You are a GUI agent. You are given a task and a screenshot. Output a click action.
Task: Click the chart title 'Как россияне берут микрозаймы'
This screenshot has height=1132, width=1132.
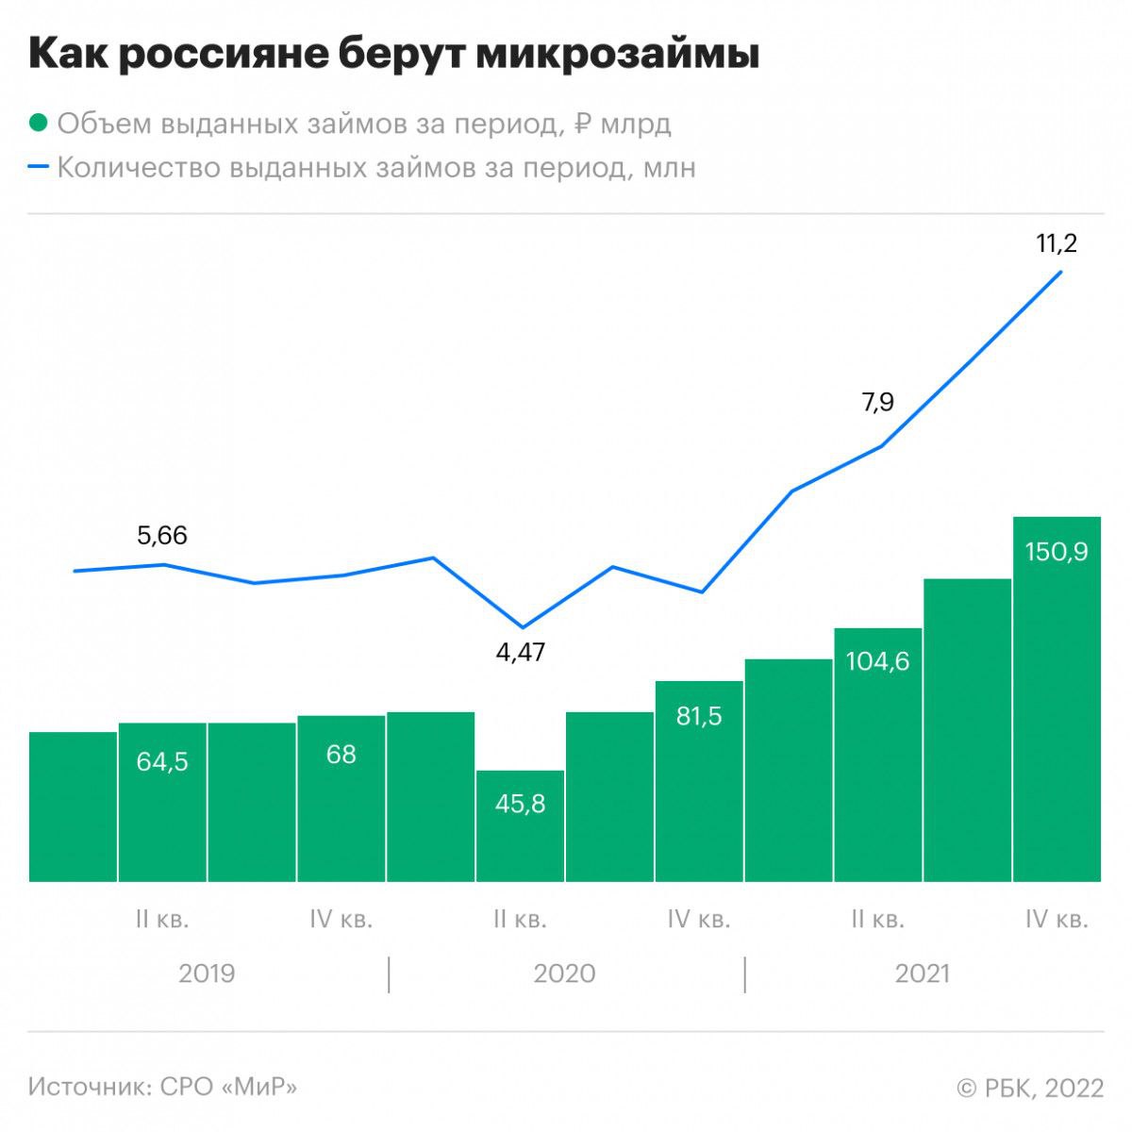click(x=393, y=55)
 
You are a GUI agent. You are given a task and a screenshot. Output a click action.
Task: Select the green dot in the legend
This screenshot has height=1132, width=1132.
click(x=39, y=124)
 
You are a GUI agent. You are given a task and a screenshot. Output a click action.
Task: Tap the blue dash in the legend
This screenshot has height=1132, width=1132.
click(x=39, y=167)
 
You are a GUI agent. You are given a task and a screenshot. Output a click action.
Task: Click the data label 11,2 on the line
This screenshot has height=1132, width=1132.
click(x=1056, y=243)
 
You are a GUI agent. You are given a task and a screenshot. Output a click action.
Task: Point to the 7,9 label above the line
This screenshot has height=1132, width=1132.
click(x=877, y=403)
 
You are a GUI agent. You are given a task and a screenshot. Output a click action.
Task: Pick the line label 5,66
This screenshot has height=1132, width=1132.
click(x=162, y=536)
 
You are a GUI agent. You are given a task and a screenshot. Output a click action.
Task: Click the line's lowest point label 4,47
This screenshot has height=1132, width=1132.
click(x=521, y=652)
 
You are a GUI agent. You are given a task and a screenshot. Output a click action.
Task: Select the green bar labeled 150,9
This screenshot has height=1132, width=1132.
click(x=1057, y=698)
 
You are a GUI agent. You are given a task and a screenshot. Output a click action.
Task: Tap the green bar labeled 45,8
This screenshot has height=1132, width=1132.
click(x=521, y=825)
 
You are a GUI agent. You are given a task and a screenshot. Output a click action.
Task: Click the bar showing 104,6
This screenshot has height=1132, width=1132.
click(x=877, y=755)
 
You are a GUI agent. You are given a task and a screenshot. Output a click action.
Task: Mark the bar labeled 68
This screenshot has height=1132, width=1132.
click(x=341, y=798)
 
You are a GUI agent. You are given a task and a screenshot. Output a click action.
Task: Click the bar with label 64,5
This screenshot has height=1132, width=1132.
click(x=162, y=802)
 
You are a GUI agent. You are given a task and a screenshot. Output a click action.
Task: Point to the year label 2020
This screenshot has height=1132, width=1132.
click(x=564, y=974)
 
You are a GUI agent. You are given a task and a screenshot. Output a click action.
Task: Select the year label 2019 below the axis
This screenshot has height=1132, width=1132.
click(x=207, y=974)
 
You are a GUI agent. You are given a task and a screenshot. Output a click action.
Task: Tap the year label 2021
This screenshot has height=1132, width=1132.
click(x=922, y=974)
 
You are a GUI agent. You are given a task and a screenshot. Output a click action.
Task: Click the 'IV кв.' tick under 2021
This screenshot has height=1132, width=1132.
click(x=1057, y=919)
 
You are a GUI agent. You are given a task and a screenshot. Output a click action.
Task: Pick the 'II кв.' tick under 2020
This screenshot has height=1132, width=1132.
click(x=520, y=919)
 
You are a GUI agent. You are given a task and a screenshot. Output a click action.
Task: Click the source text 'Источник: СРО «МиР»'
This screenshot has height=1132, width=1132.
click(x=162, y=1087)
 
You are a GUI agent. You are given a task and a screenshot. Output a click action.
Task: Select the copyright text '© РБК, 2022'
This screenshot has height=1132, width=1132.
click(x=1030, y=1088)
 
